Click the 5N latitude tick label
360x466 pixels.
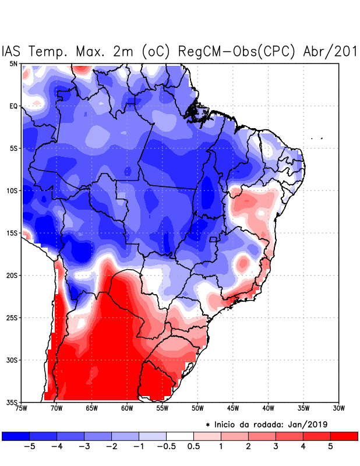13,63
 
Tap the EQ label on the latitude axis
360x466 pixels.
13,106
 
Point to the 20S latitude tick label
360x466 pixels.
12,276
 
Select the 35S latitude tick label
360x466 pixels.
12,403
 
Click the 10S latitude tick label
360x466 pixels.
12,191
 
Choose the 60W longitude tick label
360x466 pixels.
127,408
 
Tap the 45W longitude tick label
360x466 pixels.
232,408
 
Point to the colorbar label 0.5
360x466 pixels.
194,446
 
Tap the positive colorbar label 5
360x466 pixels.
331,446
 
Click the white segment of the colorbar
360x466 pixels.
180,436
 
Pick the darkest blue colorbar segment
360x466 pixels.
16,436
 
